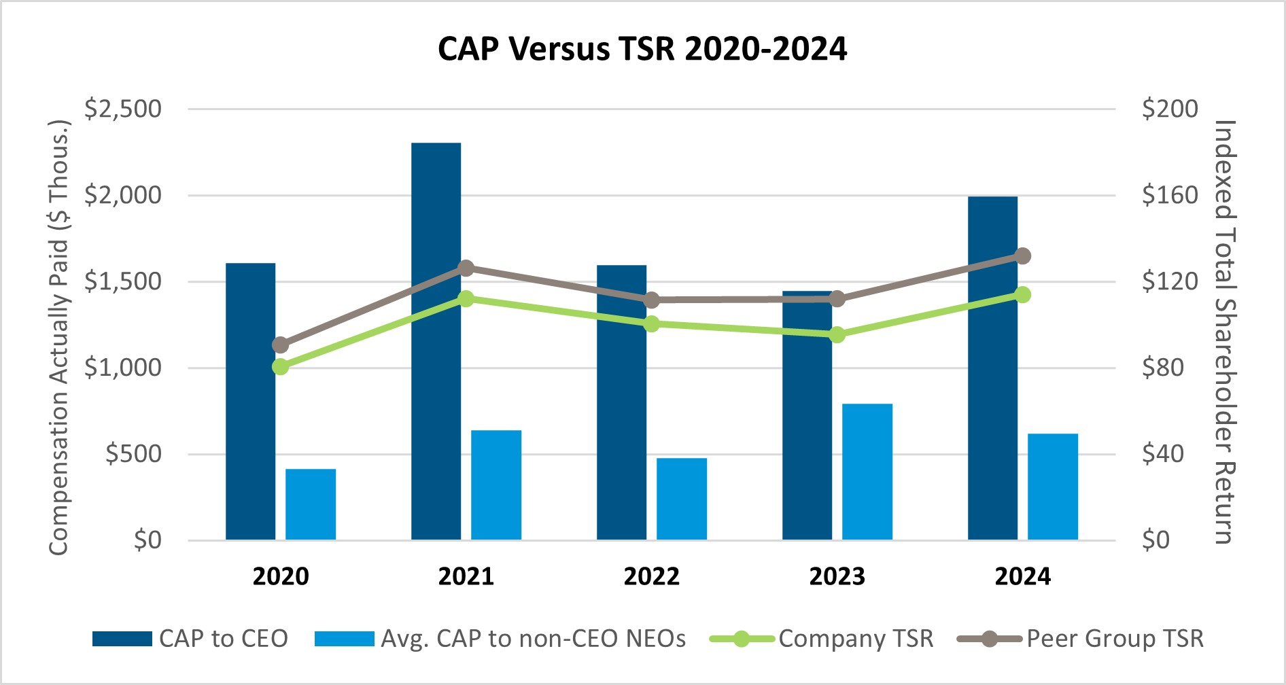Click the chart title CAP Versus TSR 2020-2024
tap(642, 49)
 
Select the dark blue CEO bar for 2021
tap(436, 341)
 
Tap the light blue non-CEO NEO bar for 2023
tap(867, 472)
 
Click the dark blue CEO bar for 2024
tap(993, 368)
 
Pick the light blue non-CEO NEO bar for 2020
tap(311, 504)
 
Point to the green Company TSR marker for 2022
tap(652, 323)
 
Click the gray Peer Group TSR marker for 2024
tap(1023, 256)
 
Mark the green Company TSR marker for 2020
tap(281, 367)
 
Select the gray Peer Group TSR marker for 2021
tap(466, 268)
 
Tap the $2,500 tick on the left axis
tap(123, 109)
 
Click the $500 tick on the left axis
tap(134, 454)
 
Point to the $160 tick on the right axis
tap(1170, 195)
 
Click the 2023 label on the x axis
tap(837, 576)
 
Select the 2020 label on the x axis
tap(281, 576)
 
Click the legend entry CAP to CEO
tap(190, 639)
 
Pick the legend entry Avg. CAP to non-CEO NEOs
tap(500, 639)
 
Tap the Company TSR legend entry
tap(822, 639)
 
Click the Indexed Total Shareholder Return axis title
tap(1226, 332)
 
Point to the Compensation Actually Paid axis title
tap(59, 338)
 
